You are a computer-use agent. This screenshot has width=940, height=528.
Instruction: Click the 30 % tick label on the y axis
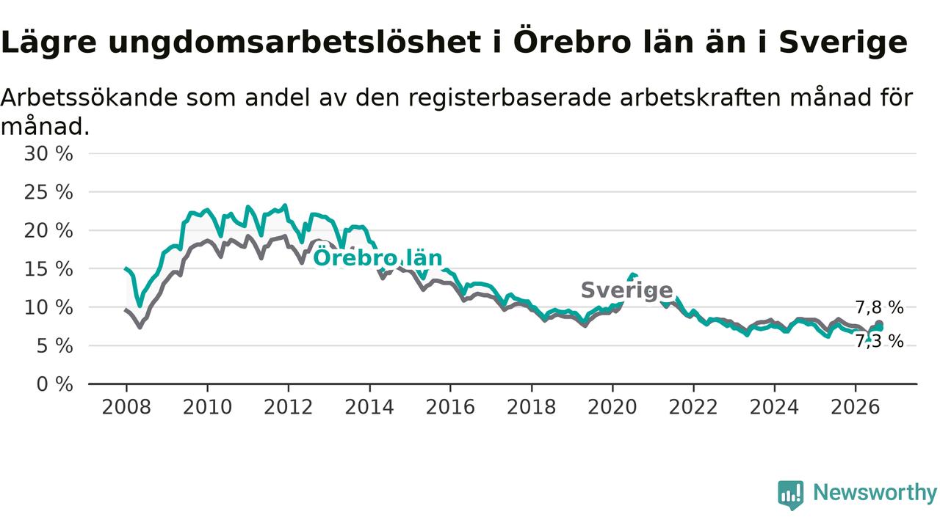(48, 154)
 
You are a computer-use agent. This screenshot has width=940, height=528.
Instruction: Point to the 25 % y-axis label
(48, 192)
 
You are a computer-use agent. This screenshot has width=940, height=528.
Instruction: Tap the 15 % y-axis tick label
(48, 269)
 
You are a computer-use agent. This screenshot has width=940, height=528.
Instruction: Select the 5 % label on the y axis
(54, 346)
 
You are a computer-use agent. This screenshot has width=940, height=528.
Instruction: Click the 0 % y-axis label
(54, 384)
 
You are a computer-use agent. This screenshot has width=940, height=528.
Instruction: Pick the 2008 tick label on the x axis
(126, 407)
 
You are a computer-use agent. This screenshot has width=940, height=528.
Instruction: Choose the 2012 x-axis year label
(289, 407)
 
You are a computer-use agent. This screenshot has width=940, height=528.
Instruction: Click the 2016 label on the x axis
(450, 407)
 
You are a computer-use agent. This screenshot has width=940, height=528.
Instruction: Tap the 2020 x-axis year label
(612, 407)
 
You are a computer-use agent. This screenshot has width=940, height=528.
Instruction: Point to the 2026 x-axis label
(856, 407)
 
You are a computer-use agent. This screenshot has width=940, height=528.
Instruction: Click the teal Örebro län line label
(377, 257)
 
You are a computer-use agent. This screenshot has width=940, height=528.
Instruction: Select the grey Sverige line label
(627, 290)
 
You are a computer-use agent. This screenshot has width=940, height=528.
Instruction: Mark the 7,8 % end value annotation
(880, 308)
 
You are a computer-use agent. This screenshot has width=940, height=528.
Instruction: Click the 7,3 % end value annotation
(880, 342)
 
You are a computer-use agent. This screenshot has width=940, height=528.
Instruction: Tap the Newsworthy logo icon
(791, 495)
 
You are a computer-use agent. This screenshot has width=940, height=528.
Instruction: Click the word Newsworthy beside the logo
(875, 493)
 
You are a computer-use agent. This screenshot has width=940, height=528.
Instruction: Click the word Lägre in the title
(48, 43)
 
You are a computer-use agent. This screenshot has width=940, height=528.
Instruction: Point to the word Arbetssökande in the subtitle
(89, 98)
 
